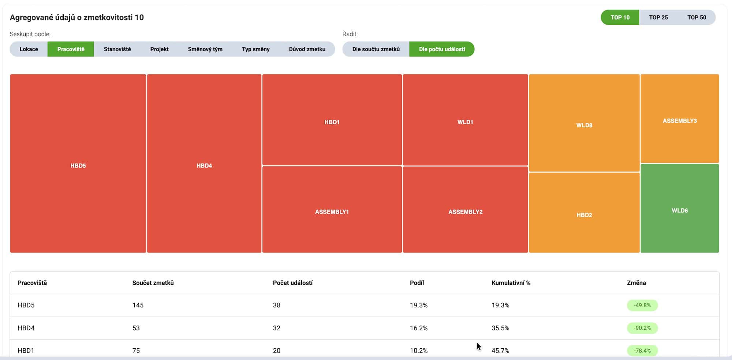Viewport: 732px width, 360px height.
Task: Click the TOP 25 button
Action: pos(658,17)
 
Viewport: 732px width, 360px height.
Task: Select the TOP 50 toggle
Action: pos(696,17)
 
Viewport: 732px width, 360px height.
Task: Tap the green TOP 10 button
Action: pos(620,17)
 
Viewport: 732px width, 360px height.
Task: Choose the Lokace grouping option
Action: pos(29,49)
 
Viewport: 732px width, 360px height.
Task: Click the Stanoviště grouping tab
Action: pos(117,49)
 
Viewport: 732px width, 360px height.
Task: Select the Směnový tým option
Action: pos(205,49)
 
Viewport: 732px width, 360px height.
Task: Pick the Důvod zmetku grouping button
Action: pos(307,49)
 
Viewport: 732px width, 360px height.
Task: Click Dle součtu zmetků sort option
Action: pos(376,49)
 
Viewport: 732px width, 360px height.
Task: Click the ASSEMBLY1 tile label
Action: pos(332,212)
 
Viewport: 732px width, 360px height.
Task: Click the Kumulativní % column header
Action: pos(511,283)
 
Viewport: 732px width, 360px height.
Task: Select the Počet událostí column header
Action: pos(292,283)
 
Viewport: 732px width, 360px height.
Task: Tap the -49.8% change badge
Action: pos(642,305)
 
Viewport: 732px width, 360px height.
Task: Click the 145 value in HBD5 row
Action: pos(138,305)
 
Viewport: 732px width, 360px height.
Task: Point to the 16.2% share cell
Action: pos(418,328)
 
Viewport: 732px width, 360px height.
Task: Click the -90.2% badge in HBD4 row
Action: pos(642,328)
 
